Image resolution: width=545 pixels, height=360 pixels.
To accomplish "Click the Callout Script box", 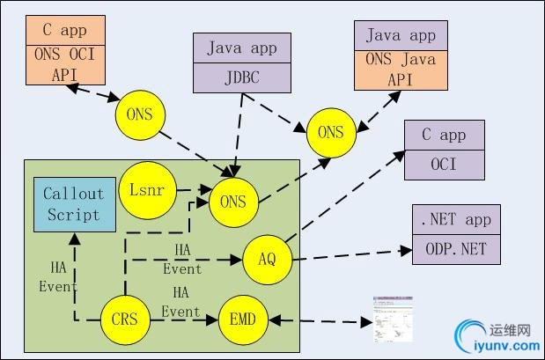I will [73, 204].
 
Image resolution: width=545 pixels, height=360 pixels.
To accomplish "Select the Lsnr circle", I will [145, 190].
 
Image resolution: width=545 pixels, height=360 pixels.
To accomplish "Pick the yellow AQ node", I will [268, 258].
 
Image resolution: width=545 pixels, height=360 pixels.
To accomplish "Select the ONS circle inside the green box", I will [233, 202].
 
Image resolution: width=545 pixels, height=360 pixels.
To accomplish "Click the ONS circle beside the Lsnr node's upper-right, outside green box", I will [331, 133].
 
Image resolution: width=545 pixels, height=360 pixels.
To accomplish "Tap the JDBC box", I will [241, 77].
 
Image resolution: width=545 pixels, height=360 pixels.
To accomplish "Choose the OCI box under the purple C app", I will [444, 165].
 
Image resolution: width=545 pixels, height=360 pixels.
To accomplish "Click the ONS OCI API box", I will [65, 64].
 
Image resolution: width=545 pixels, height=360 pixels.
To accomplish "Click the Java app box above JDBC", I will [241, 48].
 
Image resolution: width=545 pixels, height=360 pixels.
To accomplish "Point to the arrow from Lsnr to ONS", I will [192, 189].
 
